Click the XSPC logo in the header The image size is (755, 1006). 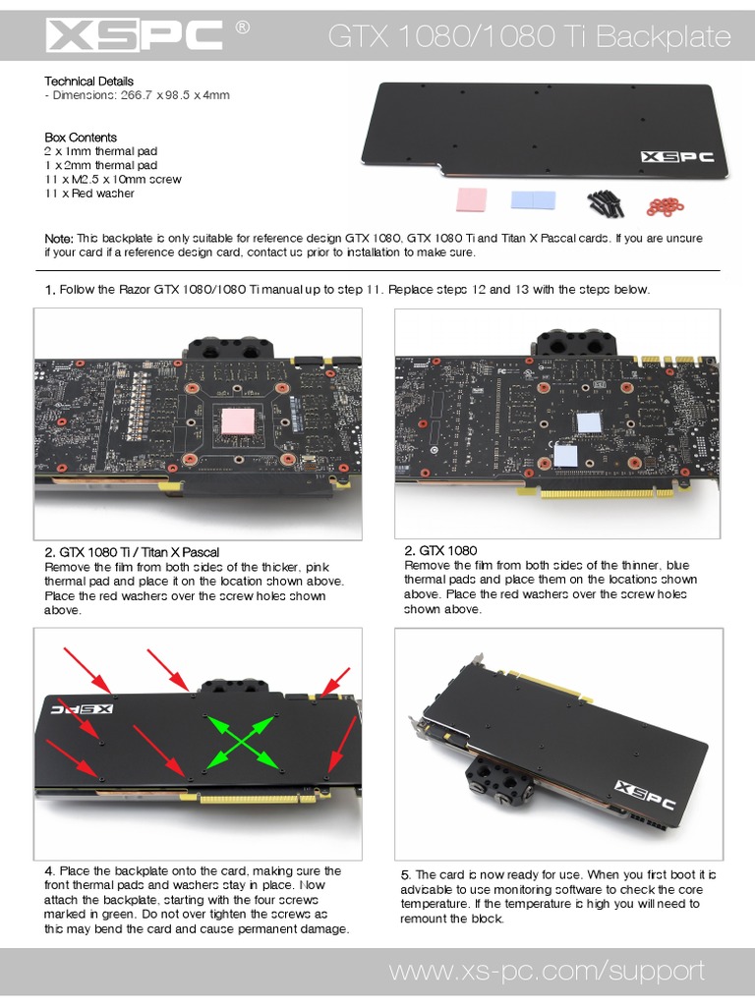pyautogui.click(x=135, y=36)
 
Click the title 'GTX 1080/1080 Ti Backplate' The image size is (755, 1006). pyautogui.click(x=529, y=38)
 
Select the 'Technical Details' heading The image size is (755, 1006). pyautogui.click(x=89, y=81)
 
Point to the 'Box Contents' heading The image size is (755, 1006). pyautogui.click(x=81, y=138)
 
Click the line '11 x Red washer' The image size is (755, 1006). pyautogui.click(x=89, y=194)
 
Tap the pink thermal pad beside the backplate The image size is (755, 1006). pyautogui.click(x=473, y=200)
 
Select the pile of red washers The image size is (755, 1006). pyautogui.click(x=667, y=204)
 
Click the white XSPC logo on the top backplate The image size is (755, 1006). pyautogui.click(x=677, y=156)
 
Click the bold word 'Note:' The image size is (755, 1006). pyautogui.click(x=59, y=239)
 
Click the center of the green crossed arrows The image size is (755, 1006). pyautogui.click(x=240, y=741)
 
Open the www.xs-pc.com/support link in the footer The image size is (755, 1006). pyautogui.click(x=547, y=972)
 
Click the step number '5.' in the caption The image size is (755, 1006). pyautogui.click(x=406, y=875)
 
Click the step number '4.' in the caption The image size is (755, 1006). pyautogui.click(x=50, y=870)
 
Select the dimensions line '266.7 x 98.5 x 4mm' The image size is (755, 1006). pyautogui.click(x=138, y=95)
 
